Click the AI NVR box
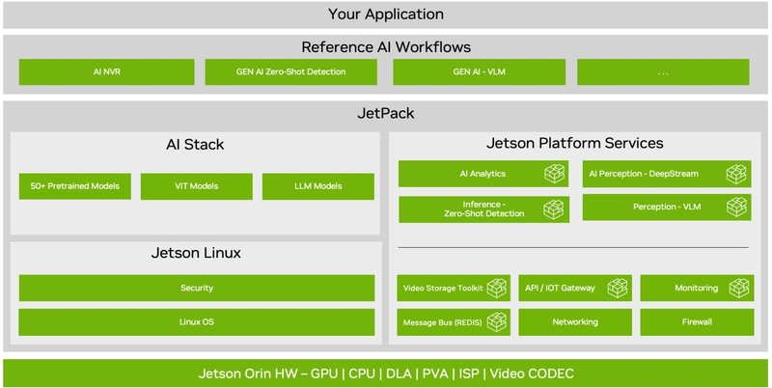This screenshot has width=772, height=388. point(107,71)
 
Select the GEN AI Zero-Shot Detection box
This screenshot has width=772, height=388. point(291,71)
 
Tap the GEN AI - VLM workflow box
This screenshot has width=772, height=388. point(479,71)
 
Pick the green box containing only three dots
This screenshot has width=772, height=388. point(663,71)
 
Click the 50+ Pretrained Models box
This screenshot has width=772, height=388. point(75,186)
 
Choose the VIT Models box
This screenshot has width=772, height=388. point(197,186)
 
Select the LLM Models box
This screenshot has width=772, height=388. point(318,186)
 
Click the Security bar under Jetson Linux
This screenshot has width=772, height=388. point(197,288)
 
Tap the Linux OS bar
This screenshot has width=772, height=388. point(197,322)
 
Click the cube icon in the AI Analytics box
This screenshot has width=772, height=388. point(554,174)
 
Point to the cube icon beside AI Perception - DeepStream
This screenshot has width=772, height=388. point(736,174)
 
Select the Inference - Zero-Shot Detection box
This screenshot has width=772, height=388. point(484,209)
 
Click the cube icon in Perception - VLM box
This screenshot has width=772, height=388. point(736,208)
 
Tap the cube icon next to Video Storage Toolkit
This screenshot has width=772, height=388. point(496,288)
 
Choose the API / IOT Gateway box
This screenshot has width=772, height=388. point(575,288)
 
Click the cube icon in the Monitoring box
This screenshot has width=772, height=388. point(738,288)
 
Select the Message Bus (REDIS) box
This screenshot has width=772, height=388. point(454,322)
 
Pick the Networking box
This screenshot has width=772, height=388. point(575,322)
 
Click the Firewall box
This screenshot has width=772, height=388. point(697,322)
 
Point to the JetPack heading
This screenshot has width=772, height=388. point(386,114)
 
